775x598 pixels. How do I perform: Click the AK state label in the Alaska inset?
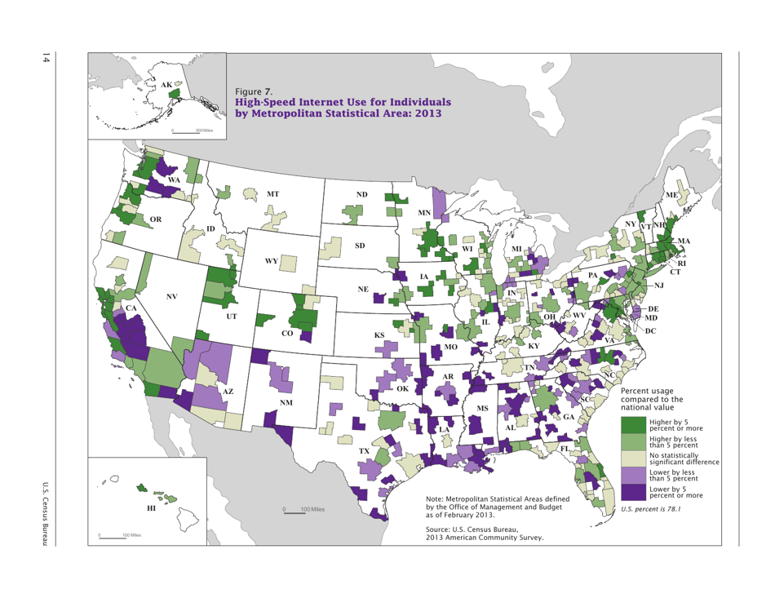[166, 85]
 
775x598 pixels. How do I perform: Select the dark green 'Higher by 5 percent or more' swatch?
[634, 425]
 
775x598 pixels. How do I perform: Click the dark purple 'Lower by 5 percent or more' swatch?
[634, 491]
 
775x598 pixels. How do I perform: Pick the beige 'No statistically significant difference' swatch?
[634, 458]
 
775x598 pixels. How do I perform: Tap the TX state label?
[365, 450]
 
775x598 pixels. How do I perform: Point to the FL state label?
[564, 449]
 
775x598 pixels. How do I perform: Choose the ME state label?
[671, 196]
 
